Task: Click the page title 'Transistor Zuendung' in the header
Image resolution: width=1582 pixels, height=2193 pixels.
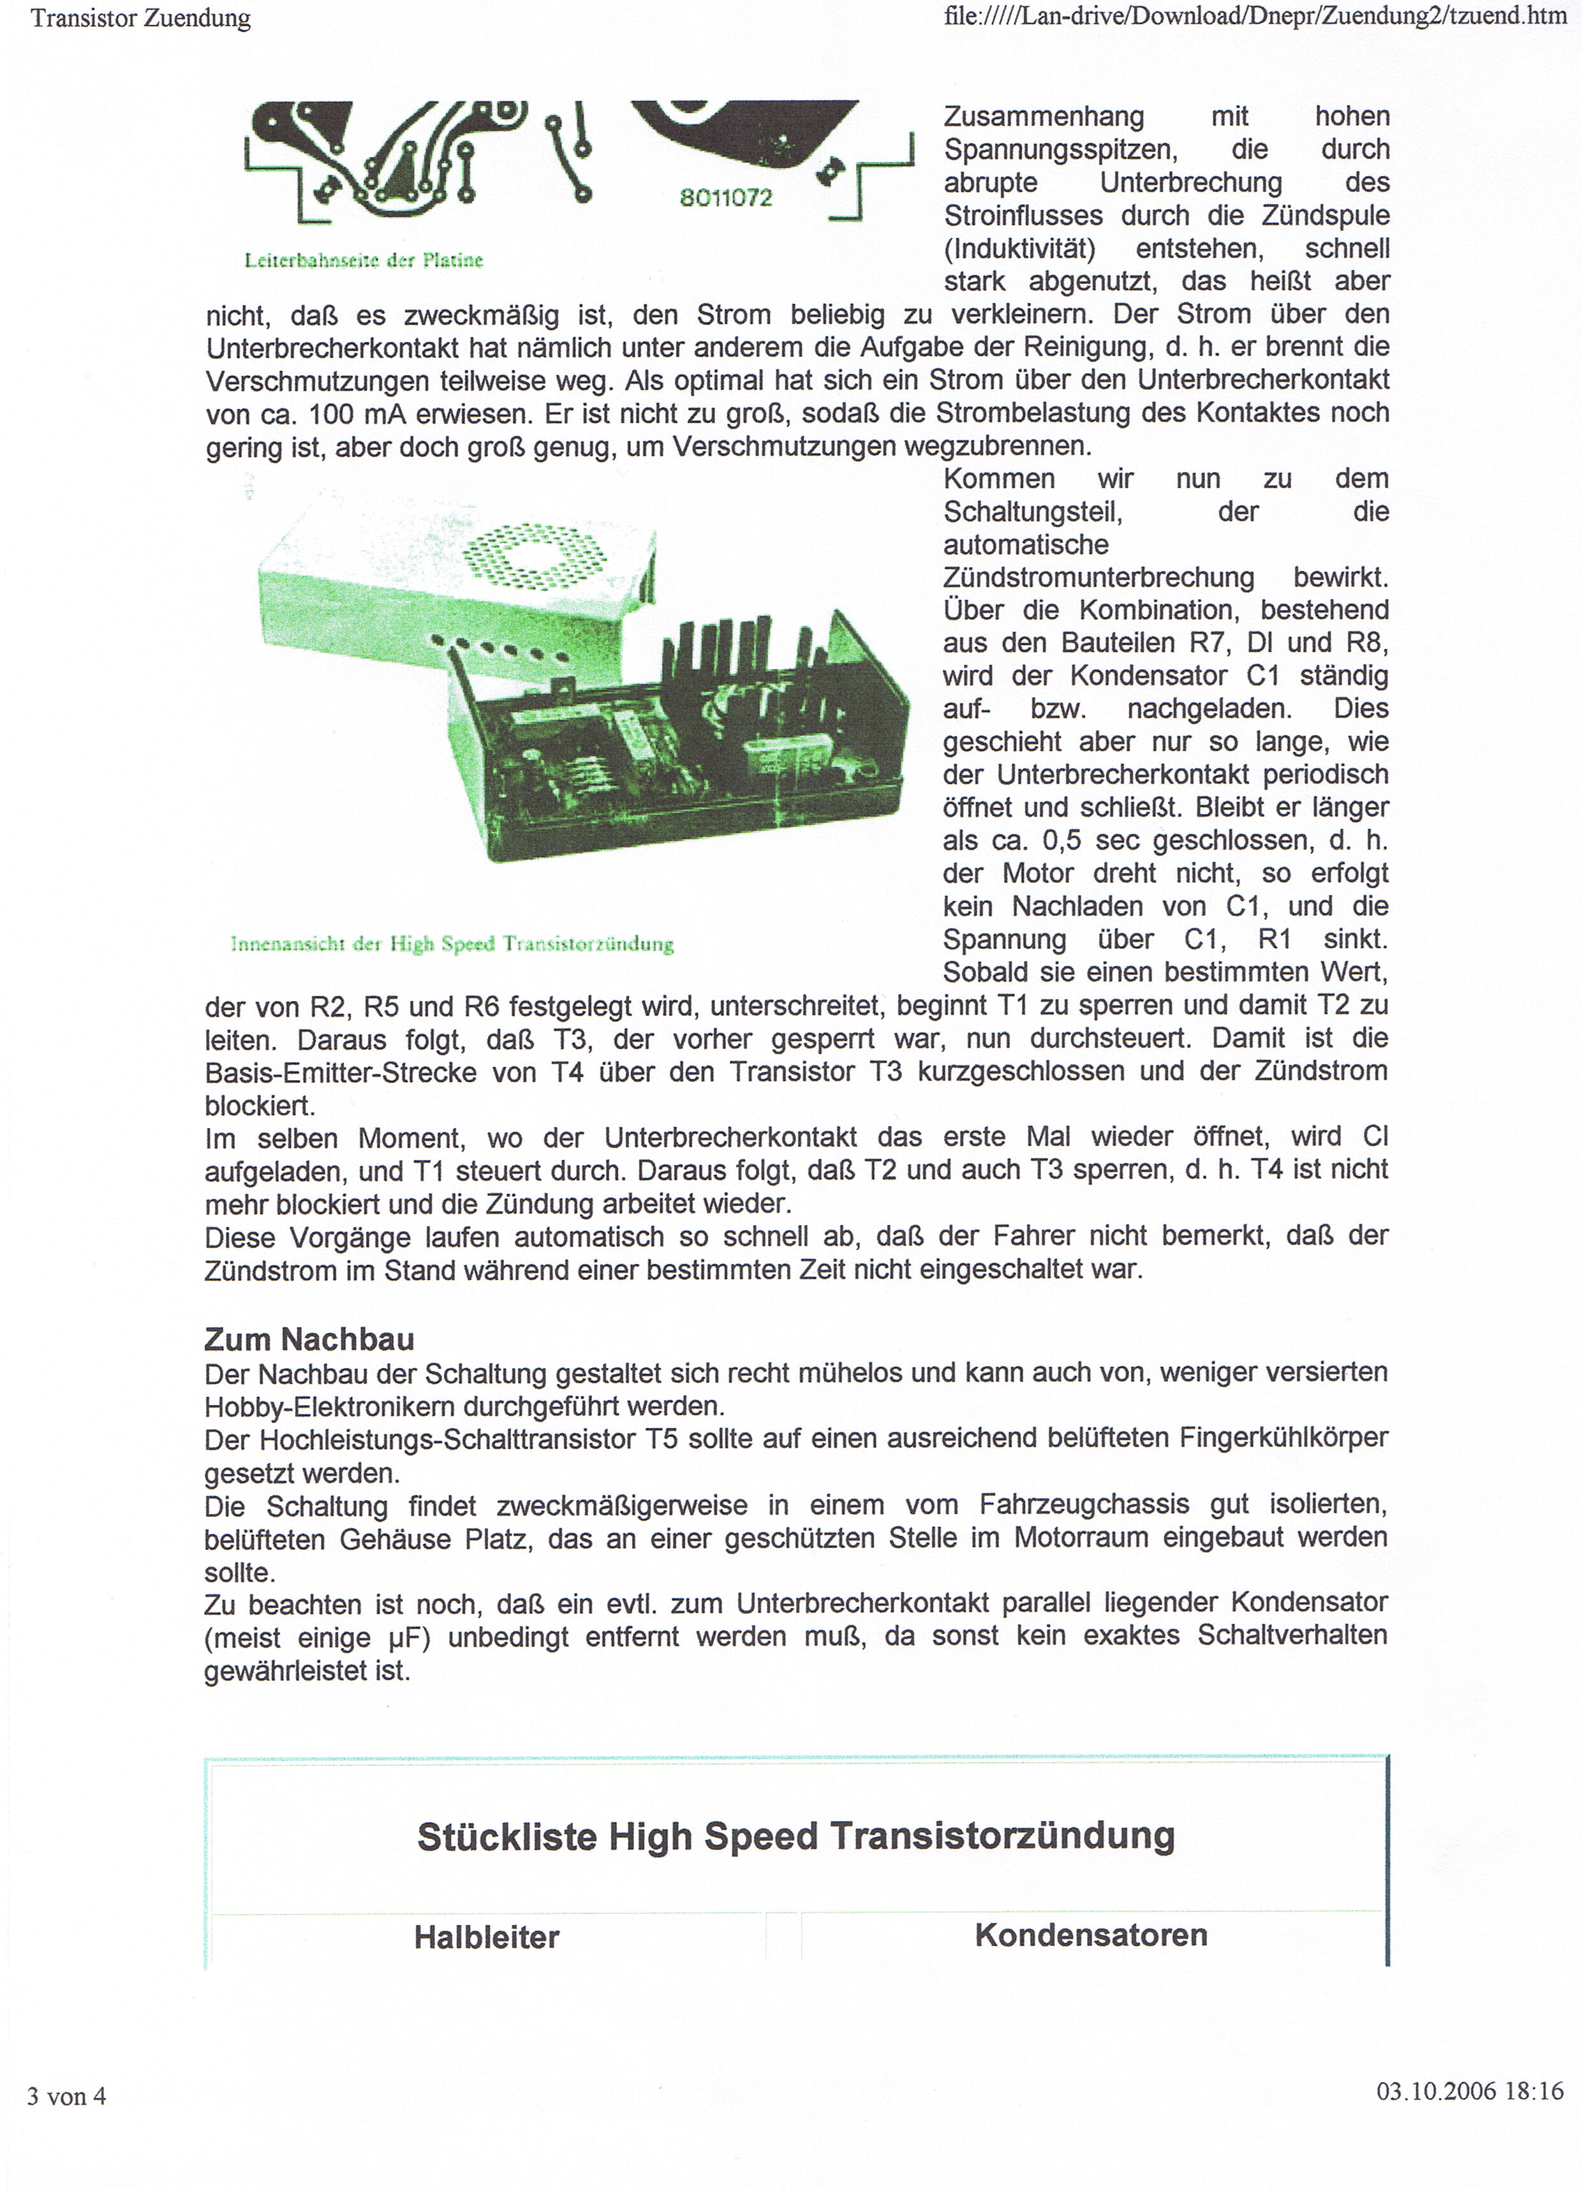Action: [x=140, y=19]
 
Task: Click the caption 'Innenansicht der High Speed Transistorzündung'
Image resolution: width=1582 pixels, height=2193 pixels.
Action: [x=452, y=944]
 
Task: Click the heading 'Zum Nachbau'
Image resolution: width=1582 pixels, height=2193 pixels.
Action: [x=309, y=1339]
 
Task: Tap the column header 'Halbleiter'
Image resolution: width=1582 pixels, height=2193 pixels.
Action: [x=486, y=1937]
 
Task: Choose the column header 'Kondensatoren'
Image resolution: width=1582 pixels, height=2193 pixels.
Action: [x=1091, y=1935]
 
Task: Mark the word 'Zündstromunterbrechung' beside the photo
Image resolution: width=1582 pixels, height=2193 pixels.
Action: [x=1098, y=578]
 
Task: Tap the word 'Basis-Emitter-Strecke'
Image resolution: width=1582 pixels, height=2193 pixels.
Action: [x=341, y=1073]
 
